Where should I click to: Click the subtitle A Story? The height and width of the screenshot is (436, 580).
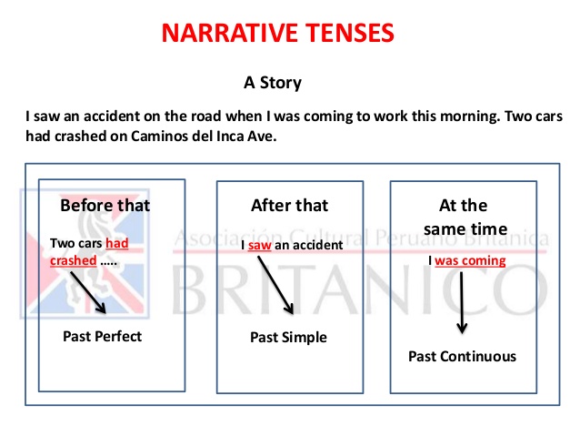click(273, 83)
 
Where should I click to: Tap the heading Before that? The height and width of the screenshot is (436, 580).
click(105, 205)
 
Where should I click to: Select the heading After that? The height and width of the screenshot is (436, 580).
click(290, 205)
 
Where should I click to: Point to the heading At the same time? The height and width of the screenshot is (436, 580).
click(464, 217)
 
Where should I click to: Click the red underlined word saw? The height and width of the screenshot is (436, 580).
click(260, 246)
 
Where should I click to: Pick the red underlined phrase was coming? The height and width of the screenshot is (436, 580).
click(470, 260)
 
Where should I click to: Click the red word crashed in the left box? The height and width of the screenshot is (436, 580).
click(73, 259)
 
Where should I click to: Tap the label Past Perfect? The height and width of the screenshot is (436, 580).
click(103, 337)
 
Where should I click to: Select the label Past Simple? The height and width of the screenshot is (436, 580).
click(288, 338)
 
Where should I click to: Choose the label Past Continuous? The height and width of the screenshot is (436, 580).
click(462, 356)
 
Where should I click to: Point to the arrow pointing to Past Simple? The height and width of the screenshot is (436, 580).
click(275, 285)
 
